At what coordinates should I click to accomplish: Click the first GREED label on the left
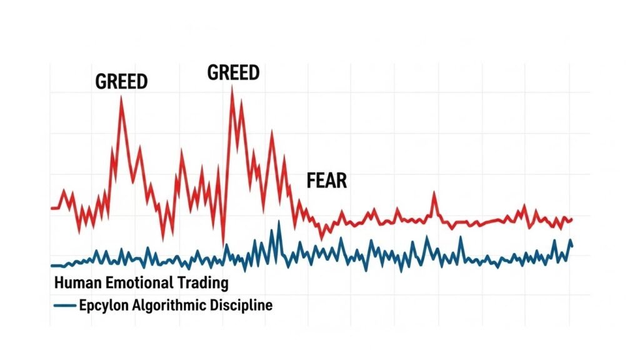pos(121,82)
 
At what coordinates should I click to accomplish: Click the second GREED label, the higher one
pos(233,72)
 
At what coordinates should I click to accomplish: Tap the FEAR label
pos(326,181)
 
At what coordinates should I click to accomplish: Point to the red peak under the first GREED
pos(121,97)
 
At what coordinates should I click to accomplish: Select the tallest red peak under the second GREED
pos(232,87)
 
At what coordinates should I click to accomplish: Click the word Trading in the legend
pos(203,283)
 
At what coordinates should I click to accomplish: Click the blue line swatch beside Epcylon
pos(65,306)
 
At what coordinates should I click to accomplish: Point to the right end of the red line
pos(572,219)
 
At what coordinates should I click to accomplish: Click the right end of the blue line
pos(572,246)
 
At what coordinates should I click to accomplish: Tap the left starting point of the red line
pos(51,207)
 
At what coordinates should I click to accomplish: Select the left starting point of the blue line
pos(51,266)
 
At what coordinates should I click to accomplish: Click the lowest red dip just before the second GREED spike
pos(223,244)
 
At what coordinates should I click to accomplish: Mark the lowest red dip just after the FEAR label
pos(322,237)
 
